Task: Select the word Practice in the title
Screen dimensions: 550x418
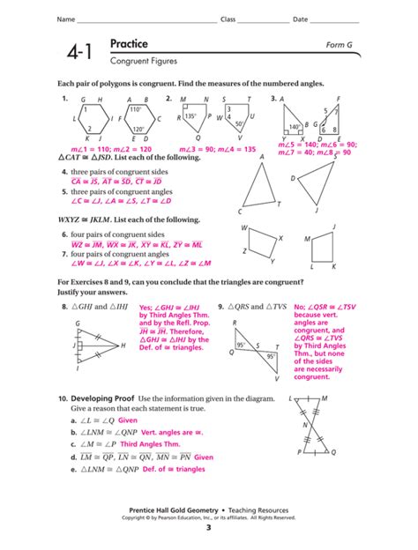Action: [129, 44]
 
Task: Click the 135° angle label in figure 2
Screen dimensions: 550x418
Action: [190, 115]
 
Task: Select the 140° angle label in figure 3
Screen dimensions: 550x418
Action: [296, 126]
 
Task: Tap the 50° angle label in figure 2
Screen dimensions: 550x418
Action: [237, 124]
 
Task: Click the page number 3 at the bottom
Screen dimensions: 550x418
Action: [209, 528]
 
